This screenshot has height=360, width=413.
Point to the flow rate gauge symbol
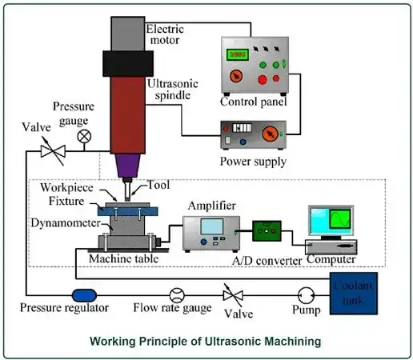(178, 294)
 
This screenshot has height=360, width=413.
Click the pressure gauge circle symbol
(83, 136)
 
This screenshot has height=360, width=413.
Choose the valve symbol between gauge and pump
(232, 294)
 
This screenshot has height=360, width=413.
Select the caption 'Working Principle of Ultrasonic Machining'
(206, 341)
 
